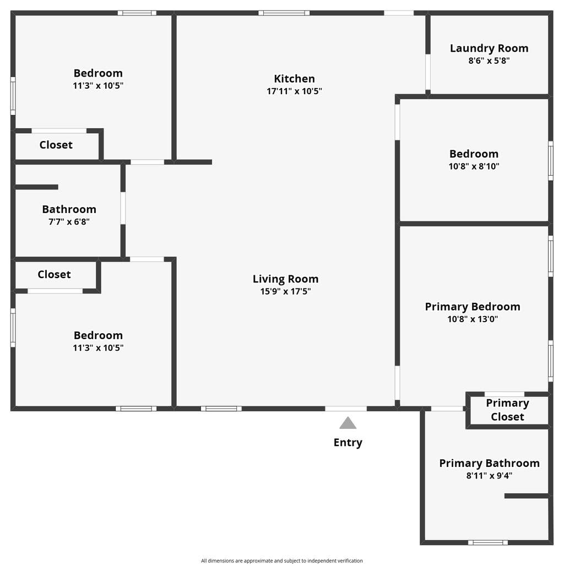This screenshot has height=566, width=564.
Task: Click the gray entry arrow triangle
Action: coord(348,423)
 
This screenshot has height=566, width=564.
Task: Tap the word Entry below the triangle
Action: coord(348,443)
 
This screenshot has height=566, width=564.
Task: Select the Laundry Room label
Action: coord(489,48)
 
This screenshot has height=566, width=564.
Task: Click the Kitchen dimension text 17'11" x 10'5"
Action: coord(294,91)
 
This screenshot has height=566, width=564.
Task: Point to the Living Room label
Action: coord(286,279)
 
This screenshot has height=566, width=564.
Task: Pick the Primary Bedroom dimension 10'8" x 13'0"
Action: coord(473,319)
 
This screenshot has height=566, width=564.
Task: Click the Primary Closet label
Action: coord(507,410)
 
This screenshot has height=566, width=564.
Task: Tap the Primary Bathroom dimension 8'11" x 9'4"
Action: coord(489,475)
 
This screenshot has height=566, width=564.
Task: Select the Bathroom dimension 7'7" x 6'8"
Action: coord(69,222)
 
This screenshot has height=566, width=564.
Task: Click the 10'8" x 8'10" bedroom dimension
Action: coord(474,166)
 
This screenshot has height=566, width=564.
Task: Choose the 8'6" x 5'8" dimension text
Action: coord(489,61)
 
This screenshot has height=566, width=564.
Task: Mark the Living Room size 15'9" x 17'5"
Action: coord(286,291)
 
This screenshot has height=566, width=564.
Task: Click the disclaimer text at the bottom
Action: coord(281,560)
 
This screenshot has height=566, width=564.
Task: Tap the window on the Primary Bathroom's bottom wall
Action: coord(488,542)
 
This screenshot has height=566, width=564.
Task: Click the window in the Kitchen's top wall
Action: coord(284,13)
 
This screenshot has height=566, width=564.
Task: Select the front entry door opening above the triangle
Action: coord(346,409)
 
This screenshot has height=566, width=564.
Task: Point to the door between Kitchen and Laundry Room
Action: coord(428,72)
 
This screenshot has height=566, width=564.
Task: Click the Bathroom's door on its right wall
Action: coord(123,208)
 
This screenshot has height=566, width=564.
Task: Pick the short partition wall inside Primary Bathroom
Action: coord(527,496)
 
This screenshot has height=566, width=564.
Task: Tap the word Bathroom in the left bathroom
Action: coord(69,209)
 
